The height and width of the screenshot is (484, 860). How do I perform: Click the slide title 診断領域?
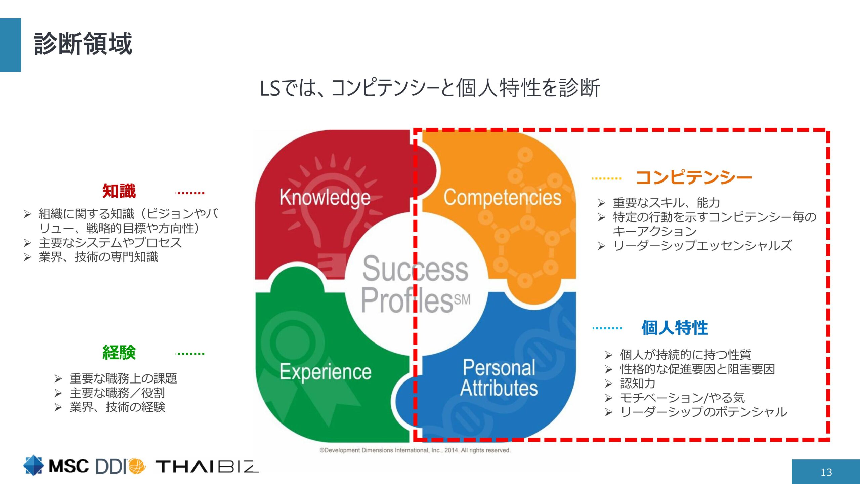click(83, 44)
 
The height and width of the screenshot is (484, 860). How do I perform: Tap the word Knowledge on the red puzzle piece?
click(325, 197)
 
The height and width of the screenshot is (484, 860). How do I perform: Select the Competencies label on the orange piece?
click(502, 197)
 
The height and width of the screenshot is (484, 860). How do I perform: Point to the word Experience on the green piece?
click(326, 372)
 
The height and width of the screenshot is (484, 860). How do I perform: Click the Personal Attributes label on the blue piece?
click(499, 378)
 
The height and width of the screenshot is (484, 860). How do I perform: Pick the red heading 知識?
click(119, 191)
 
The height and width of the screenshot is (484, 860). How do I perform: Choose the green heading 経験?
click(119, 353)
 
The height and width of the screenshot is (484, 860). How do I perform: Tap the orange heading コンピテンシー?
click(694, 177)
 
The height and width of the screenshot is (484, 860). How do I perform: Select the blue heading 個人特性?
click(675, 327)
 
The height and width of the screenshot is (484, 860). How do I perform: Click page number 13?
click(826, 472)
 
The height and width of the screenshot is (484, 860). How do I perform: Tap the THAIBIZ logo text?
click(207, 467)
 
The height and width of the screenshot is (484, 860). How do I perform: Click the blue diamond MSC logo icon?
click(33, 466)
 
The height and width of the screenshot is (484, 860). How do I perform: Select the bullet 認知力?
click(638, 383)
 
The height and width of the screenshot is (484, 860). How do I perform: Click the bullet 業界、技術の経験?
click(117, 407)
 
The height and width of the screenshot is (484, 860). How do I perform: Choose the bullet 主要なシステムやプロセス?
click(110, 242)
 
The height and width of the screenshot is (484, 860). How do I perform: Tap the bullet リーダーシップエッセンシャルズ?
click(702, 245)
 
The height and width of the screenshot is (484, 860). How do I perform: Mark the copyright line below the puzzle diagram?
click(415, 450)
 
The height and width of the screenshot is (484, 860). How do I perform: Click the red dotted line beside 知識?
click(190, 193)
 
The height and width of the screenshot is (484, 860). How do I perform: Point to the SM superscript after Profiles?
click(463, 299)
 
